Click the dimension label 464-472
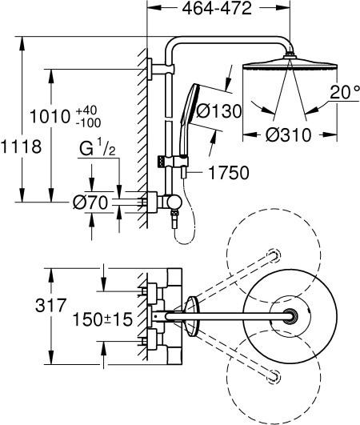point(214,10)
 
